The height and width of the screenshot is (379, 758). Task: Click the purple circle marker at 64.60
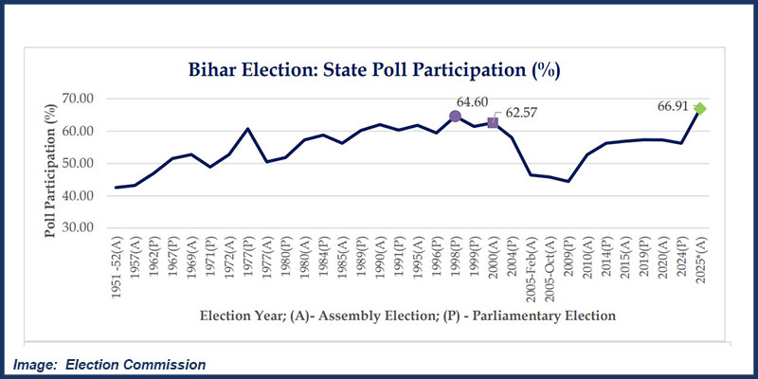[455, 116]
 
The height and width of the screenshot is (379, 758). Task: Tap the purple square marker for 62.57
[493, 122]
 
